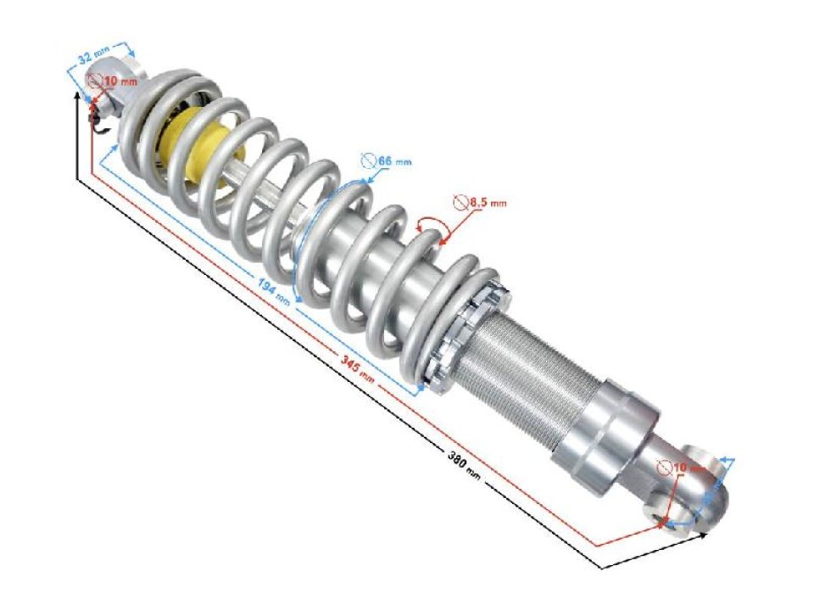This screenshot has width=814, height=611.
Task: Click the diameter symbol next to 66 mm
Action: point(367,159)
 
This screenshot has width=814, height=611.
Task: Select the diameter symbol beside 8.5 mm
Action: point(460,202)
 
